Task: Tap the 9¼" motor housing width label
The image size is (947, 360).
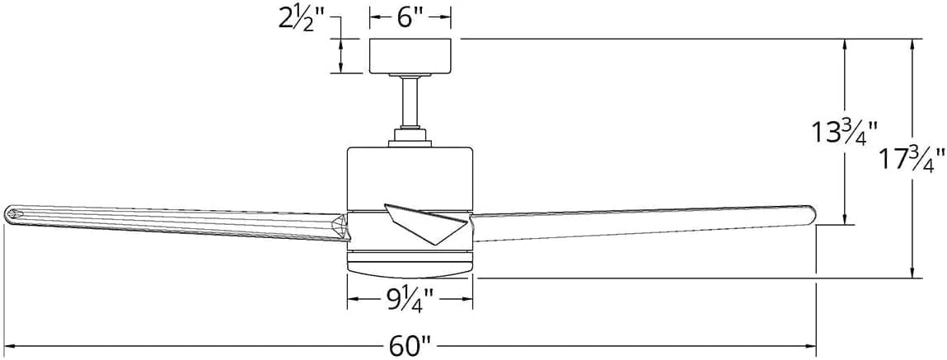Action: [x=410, y=299]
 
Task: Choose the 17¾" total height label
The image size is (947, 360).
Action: [x=912, y=160]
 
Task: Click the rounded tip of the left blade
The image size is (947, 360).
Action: [x=10, y=213]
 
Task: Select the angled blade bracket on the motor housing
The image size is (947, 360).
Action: [x=428, y=223]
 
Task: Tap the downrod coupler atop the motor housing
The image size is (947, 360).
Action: [x=410, y=137]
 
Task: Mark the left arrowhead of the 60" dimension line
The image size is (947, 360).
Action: [x=10, y=347]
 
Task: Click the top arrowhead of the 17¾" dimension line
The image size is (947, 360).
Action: [x=912, y=46]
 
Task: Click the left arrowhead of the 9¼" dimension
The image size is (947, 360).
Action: [x=354, y=299]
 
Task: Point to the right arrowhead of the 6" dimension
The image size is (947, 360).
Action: [x=444, y=16]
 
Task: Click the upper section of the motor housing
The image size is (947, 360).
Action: [x=410, y=176]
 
